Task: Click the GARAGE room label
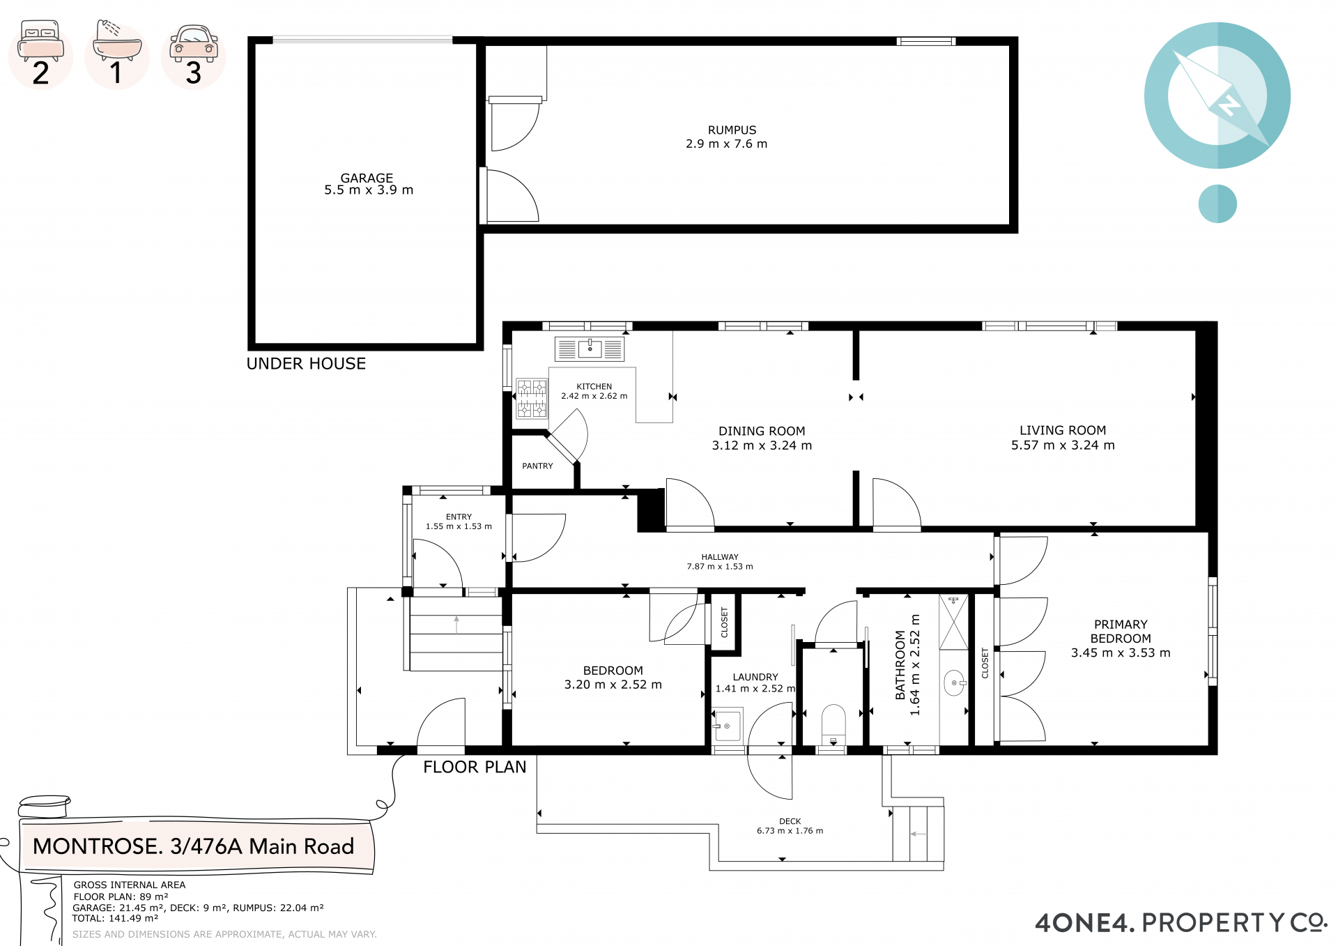(367, 178)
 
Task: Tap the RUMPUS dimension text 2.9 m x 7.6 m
(726, 144)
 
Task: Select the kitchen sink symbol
(590, 349)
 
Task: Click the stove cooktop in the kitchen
(532, 398)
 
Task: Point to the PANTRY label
(537, 466)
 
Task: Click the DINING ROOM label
(762, 431)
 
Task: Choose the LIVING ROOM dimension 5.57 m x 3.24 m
(1063, 445)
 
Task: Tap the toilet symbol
(833, 725)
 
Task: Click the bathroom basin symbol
(955, 683)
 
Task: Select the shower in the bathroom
(953, 622)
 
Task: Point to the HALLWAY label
(720, 557)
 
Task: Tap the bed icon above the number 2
(41, 41)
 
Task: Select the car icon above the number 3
(194, 43)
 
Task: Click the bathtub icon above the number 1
(117, 40)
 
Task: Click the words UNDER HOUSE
(306, 363)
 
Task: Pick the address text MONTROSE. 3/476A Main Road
(193, 846)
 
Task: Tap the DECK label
(790, 821)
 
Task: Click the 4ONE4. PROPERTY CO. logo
(1181, 922)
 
